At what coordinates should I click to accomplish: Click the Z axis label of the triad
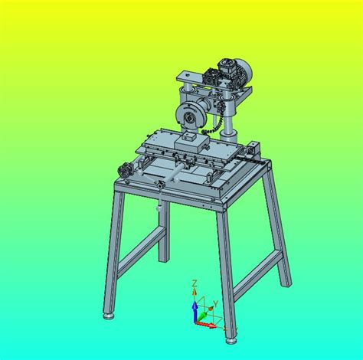(195, 283)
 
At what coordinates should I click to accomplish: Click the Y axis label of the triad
(216, 304)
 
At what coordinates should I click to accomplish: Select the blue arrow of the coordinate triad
(195, 311)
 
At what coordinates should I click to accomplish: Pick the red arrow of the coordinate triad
(206, 325)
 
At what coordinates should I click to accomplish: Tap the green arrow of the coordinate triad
(202, 316)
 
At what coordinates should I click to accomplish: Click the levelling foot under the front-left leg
(110, 316)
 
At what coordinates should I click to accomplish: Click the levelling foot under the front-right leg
(231, 341)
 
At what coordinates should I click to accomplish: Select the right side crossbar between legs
(258, 276)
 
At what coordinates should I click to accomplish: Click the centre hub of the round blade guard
(189, 118)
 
